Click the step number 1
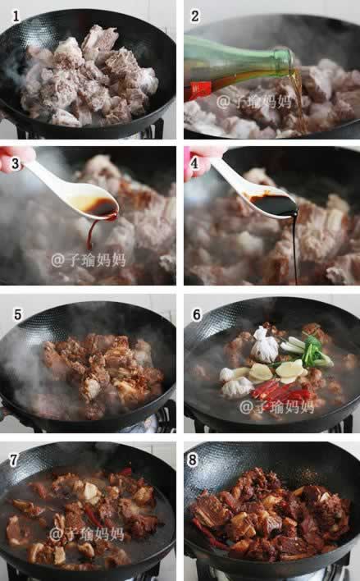point(16,16)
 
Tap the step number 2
point(195,16)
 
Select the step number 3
point(16,163)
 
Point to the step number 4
point(195,163)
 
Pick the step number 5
point(18,314)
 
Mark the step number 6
point(197,314)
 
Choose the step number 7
point(14,460)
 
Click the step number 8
point(193,460)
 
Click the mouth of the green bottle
point(291,59)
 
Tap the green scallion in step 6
point(309,351)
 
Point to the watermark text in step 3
point(88,260)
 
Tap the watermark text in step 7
point(86,534)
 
